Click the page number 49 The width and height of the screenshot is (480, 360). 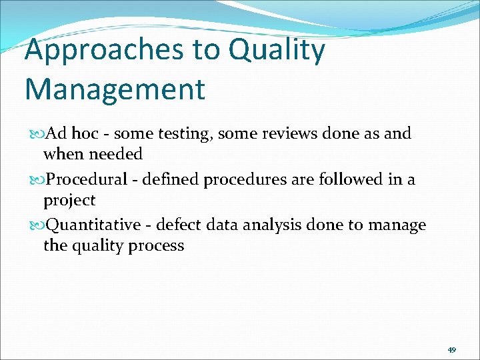[x=451, y=349]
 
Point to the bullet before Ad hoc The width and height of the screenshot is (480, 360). [x=36, y=134]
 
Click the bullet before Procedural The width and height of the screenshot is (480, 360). [x=36, y=180]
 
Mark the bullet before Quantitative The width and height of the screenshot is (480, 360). [x=36, y=226]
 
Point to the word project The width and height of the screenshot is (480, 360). [x=69, y=201]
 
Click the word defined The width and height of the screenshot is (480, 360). [x=166, y=179]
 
